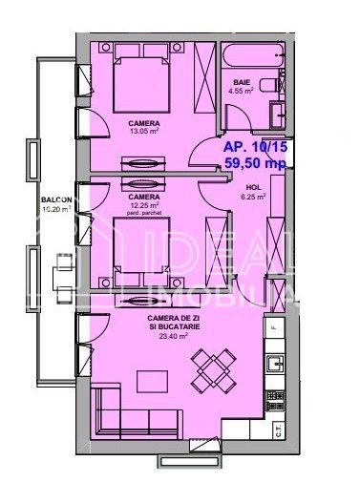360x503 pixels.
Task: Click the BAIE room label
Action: tap(242, 82)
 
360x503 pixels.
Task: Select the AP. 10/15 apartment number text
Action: tap(253, 148)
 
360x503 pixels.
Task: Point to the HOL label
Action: tap(252, 187)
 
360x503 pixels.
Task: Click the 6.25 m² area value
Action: tap(252, 198)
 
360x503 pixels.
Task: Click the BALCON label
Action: tap(54, 199)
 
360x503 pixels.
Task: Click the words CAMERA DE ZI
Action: tap(174, 317)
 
